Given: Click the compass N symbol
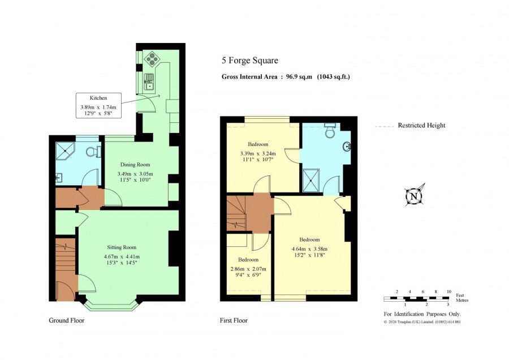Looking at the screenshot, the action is coord(414,196).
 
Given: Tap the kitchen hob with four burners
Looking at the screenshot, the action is coord(152,58).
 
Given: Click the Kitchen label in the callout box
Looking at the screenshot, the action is coord(98,98).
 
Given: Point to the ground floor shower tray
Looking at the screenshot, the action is coord(65,151).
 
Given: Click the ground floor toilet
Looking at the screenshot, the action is coord(94,151).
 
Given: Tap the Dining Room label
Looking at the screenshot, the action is coord(135,164).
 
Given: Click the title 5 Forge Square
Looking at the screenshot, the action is coord(250,61).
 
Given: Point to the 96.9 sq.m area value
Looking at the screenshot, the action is coord(299,76).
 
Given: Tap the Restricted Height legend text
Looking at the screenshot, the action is coord(422,126).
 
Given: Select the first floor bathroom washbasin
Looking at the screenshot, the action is coord(347,147).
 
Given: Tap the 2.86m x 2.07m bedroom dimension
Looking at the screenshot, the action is coord(248,269).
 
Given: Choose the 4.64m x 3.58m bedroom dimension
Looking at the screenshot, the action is coord(309,249).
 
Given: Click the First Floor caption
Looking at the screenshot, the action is coord(234,320).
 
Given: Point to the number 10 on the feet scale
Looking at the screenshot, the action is coord(448,292).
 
